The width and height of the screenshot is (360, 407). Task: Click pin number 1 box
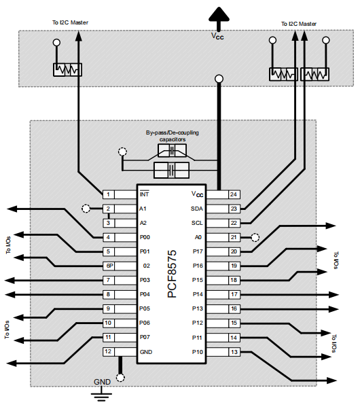pos(109,194)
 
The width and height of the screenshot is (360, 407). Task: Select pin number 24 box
pos(233,194)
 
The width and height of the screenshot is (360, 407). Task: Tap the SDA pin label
pos(197,209)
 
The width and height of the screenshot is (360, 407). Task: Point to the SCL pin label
pos(197,223)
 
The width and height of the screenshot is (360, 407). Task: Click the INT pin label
pos(144,194)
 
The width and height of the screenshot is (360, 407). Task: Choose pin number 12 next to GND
pos(109,351)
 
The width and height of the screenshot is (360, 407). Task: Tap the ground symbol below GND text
pos(102,393)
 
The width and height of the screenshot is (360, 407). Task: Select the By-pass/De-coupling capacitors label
pos(173,135)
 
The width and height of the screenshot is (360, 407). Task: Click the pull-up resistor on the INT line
pos(67,69)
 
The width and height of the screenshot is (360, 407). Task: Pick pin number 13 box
pos(233,351)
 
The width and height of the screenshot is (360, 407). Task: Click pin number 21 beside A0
pos(233,237)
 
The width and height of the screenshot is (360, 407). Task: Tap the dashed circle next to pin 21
pos(255,237)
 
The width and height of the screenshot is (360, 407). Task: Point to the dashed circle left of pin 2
pos(86,209)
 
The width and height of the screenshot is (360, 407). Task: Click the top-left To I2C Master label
pos(69,22)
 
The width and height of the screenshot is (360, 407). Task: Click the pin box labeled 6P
pos(109,266)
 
